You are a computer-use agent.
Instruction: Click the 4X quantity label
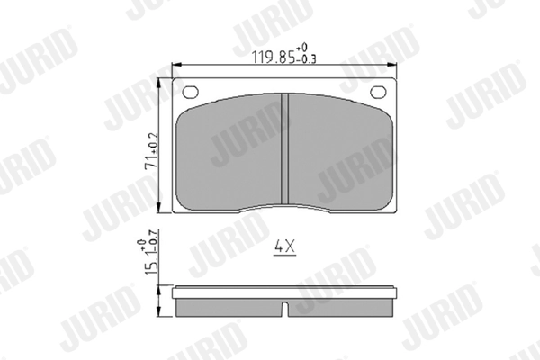coord(284,244)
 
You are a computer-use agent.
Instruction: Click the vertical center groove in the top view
coord(284,149)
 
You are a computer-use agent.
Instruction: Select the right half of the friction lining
coord(337,153)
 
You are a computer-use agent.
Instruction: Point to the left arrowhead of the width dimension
coord(175,65)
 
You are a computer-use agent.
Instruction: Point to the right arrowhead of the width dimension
coord(396,65)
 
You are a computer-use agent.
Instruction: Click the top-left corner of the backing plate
coord(174,80)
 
